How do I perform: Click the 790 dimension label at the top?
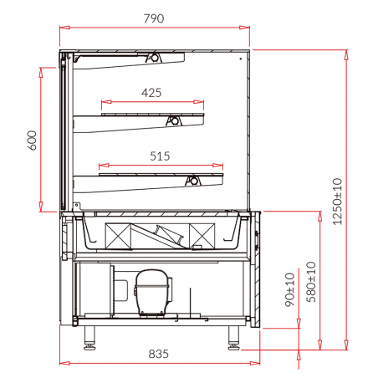(154, 18)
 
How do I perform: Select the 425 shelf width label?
(151, 93)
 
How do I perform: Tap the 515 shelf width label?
(160, 156)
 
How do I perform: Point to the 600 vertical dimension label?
(33, 140)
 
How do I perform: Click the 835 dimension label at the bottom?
(159, 354)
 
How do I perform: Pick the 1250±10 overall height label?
(337, 202)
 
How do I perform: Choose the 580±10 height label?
(311, 282)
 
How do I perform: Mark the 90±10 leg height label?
(290, 289)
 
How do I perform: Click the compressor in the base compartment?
(152, 293)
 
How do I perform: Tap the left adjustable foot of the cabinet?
(89, 338)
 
